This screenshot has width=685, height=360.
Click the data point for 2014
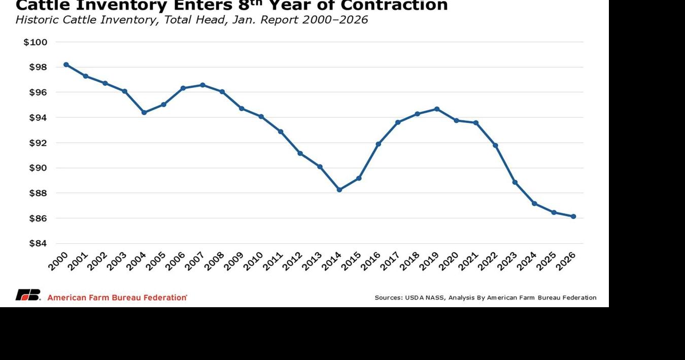tap(339, 189)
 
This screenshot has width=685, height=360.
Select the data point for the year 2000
tap(66, 64)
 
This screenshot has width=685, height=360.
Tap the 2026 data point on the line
tap(573, 216)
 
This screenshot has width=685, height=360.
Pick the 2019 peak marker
tap(437, 109)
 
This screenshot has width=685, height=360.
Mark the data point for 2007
tap(202, 85)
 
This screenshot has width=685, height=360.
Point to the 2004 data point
tap(144, 112)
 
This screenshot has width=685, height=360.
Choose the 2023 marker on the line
tap(515, 182)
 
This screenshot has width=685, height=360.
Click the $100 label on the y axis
tap(36, 42)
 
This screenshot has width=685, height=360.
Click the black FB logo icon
tap(28, 295)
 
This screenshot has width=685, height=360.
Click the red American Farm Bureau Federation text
tap(117, 298)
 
